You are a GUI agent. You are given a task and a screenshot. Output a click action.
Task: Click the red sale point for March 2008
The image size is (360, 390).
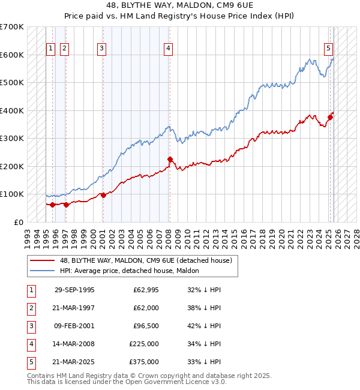point(170,160)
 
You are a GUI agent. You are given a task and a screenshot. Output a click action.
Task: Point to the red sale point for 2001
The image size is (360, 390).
point(103,195)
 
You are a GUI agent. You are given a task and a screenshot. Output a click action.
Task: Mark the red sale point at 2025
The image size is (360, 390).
point(331,118)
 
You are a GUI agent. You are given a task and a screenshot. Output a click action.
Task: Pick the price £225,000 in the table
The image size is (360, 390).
point(144,344)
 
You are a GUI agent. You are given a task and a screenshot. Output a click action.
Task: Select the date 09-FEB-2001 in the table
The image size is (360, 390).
point(74,326)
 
